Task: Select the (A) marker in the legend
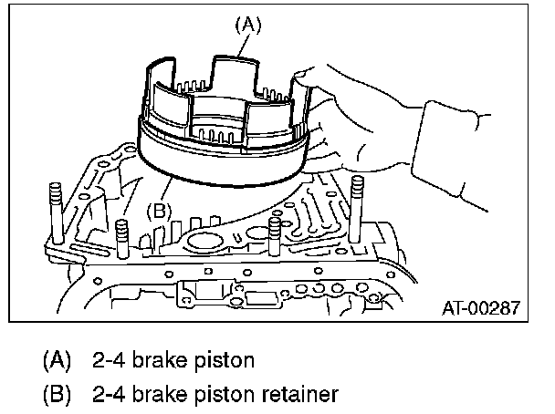pyautogui.click(x=58, y=359)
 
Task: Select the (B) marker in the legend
pyautogui.click(x=58, y=394)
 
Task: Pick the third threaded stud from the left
pyautogui.click(x=273, y=232)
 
